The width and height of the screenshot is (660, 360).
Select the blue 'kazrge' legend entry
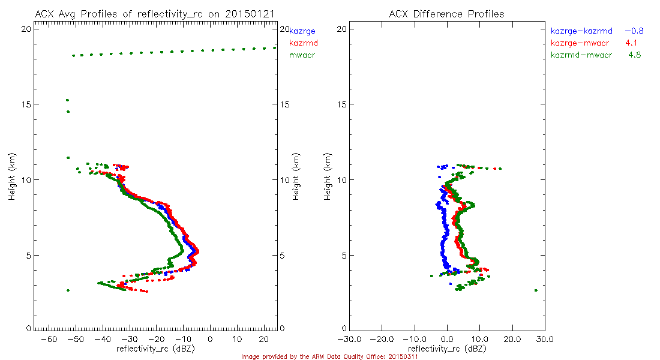coord(302,31)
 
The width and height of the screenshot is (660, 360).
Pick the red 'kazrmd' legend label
coord(304,43)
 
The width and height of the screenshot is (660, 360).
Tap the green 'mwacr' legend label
coord(302,55)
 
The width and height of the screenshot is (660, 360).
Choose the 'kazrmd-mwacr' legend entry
coord(581,55)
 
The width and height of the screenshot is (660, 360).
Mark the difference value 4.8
coord(636,55)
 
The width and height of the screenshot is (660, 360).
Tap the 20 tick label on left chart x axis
coord(263,340)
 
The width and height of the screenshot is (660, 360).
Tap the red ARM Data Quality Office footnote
coord(329,356)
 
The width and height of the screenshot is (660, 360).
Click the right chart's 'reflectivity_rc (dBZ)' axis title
coord(447,349)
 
